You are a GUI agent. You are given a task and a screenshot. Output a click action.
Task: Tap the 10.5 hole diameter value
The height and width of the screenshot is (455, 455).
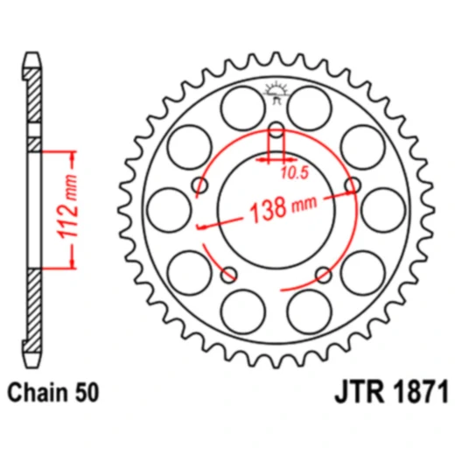coord(295,172)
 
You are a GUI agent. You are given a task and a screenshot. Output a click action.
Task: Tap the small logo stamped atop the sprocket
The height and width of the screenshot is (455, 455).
coord(276,90)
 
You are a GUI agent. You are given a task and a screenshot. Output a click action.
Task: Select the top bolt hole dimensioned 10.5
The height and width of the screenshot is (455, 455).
coord(276,132)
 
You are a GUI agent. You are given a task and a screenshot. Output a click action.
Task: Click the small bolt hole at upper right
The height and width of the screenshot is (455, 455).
coord(353,185)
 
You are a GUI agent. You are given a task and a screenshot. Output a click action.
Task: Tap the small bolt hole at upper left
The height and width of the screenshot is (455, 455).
coord(200,185)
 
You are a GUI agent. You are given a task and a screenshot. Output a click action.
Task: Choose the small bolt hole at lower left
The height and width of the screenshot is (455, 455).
coord(230,275)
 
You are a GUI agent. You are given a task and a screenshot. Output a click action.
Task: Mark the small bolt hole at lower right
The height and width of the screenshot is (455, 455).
coord(323,275)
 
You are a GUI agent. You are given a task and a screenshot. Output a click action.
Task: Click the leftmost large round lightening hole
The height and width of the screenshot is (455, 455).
coord(167,208)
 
